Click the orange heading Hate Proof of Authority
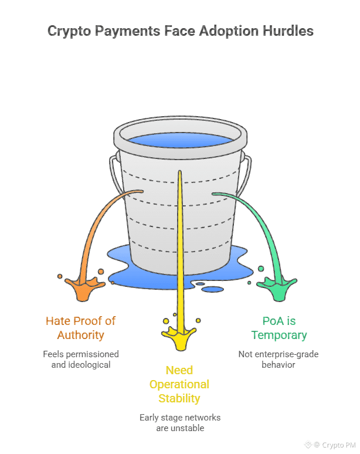tap(81, 328)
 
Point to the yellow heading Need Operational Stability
tap(179, 384)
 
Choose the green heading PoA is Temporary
tap(279, 328)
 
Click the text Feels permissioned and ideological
tap(81, 359)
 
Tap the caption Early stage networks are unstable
tap(180, 423)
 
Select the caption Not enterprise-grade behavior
tap(279, 359)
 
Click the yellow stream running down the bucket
tap(180, 246)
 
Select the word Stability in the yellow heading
tap(179, 398)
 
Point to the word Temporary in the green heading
tap(279, 335)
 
